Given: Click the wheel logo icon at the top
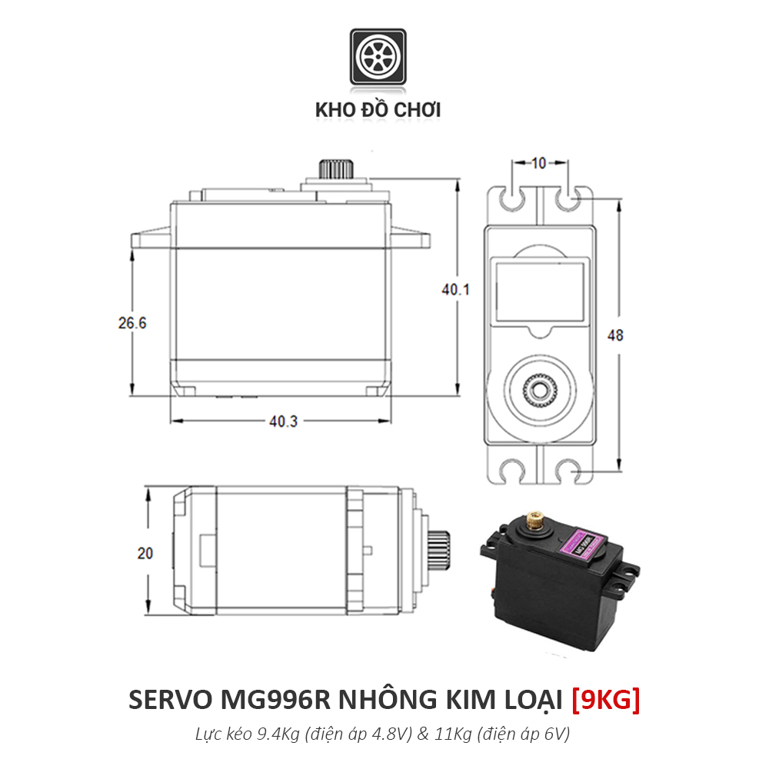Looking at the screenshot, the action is click(x=378, y=58).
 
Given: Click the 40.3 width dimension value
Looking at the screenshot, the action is click(x=283, y=421).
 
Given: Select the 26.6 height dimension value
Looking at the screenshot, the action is click(x=132, y=324).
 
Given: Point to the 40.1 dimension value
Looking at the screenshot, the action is click(x=455, y=289).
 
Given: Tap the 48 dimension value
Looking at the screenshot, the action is click(x=615, y=336).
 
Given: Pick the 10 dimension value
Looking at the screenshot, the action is click(x=538, y=163).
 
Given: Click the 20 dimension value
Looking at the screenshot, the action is click(x=145, y=553).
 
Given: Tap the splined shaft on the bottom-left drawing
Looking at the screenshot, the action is click(x=441, y=551).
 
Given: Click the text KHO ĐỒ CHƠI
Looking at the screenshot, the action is click(x=378, y=110).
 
